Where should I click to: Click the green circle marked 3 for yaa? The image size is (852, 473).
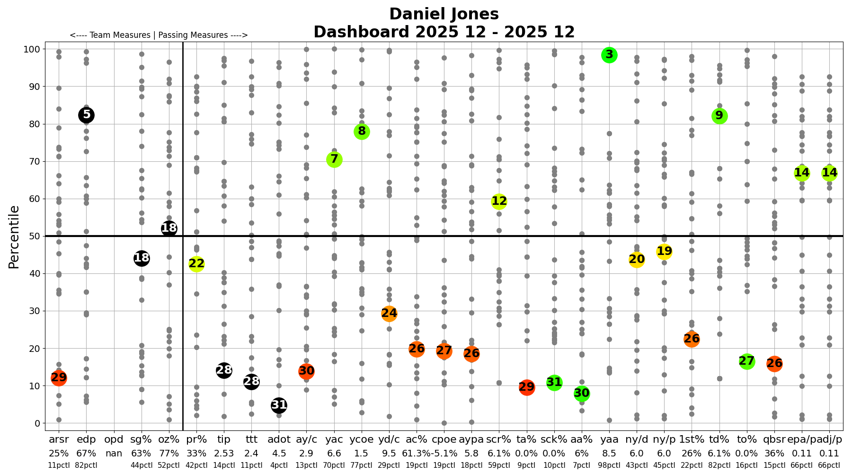point(609,55)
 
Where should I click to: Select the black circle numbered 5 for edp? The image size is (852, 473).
point(86,115)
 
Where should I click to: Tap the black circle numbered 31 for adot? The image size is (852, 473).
point(279,405)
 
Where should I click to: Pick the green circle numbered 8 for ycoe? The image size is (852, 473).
point(362,131)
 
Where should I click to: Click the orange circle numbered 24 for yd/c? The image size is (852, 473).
point(389,314)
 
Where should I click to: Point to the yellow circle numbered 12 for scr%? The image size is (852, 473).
point(499,201)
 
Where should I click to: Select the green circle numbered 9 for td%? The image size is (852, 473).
point(719,116)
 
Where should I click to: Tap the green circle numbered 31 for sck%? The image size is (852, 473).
point(554,383)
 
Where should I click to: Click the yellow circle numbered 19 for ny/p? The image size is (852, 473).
point(664,252)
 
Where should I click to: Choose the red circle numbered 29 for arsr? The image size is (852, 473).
point(59,378)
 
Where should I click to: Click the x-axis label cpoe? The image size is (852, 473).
point(444,440)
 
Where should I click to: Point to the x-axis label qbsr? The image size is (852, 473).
point(774,440)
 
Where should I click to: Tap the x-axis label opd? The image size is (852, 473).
point(114,440)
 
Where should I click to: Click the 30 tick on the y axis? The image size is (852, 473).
point(36,311)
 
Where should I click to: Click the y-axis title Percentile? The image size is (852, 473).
point(14,236)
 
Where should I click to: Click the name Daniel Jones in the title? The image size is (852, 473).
point(444,14)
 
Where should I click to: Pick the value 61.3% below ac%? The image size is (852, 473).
point(416,453)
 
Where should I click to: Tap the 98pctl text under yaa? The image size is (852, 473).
point(609,465)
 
